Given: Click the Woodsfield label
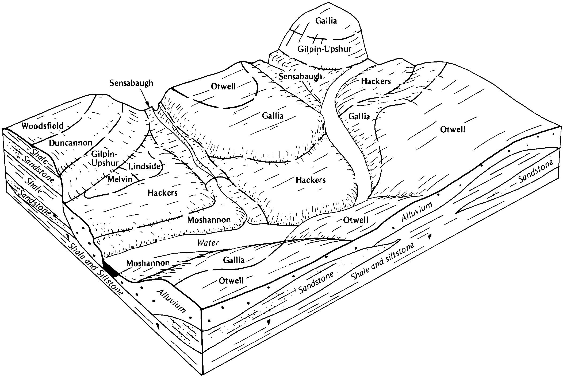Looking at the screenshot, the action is [43, 126].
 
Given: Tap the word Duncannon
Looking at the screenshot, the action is [71, 143].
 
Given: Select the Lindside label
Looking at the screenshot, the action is [144, 166].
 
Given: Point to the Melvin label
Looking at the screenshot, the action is [120, 179].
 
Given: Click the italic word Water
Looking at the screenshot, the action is [208, 243].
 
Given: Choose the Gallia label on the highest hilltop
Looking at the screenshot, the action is [326, 21].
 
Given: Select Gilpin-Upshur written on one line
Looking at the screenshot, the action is [324, 49].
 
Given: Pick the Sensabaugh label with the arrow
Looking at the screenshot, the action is [131, 83].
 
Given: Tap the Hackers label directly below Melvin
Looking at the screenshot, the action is [163, 192].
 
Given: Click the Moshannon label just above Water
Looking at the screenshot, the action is [209, 220].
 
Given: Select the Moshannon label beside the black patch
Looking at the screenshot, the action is [148, 263].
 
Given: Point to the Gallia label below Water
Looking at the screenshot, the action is [234, 260].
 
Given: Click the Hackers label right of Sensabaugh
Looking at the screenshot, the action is [376, 81].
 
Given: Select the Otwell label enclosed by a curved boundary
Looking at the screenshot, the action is [223, 86].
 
